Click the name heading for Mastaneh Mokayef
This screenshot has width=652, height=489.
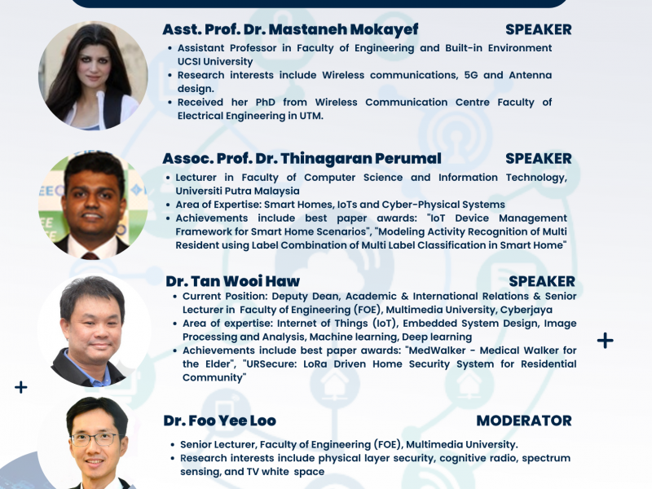click(290, 29)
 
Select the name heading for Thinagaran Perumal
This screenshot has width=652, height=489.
click(302, 158)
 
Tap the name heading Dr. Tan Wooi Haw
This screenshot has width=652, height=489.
click(232, 281)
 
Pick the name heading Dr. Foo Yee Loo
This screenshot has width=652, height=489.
click(219, 421)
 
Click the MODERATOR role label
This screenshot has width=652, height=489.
click(524, 421)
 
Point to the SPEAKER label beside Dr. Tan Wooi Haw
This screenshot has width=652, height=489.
click(542, 281)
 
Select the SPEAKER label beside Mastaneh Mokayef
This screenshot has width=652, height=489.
click(539, 29)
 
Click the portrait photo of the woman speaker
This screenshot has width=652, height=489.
click(93, 76)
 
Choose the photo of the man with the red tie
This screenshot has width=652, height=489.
click(93, 205)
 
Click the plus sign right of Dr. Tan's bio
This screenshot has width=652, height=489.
click(605, 341)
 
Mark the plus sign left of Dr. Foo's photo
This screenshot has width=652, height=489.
click(21, 388)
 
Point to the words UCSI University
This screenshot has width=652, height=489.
click(215, 62)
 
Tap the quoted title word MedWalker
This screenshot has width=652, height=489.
click(437, 350)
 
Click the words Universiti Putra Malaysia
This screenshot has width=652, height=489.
click(237, 192)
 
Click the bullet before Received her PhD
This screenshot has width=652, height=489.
click(170, 103)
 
